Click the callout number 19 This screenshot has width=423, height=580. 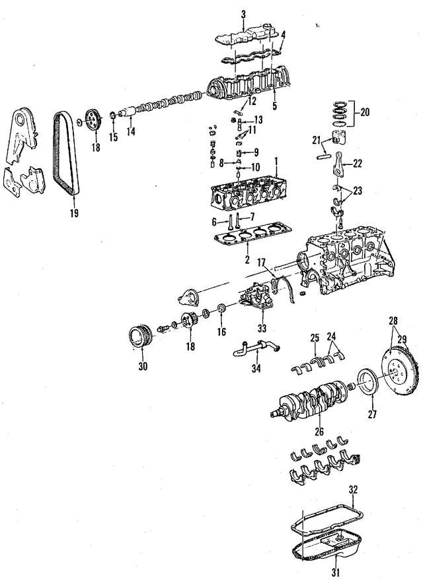click(x=73, y=213)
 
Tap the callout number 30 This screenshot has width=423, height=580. click(x=143, y=367)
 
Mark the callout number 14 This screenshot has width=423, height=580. click(x=131, y=131)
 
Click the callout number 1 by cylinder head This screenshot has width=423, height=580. click(x=276, y=160)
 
